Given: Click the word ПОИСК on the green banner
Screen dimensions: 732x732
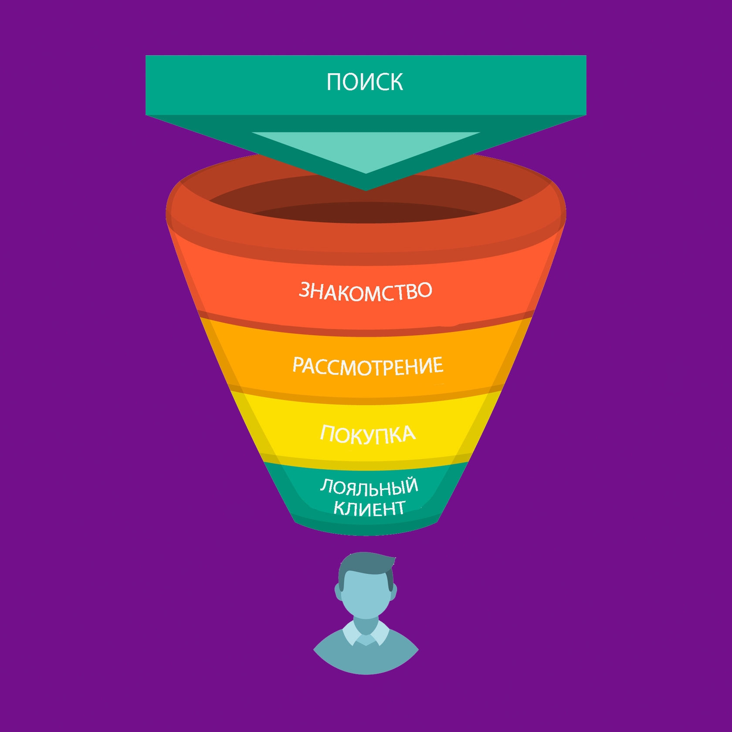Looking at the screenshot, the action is tap(365, 82).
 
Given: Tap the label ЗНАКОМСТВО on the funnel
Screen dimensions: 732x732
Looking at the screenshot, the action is tap(366, 291).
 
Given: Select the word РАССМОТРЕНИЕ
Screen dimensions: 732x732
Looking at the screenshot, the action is tap(368, 366).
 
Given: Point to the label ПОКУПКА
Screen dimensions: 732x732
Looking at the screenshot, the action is tap(368, 434).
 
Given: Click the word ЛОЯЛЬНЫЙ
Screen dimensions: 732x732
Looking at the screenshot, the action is tap(369, 487).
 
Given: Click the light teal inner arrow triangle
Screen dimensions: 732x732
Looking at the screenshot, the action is tap(366, 150).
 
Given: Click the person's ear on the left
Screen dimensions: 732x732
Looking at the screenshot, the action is tap(338, 593).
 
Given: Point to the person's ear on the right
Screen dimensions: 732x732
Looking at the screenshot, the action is tap(395, 593).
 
